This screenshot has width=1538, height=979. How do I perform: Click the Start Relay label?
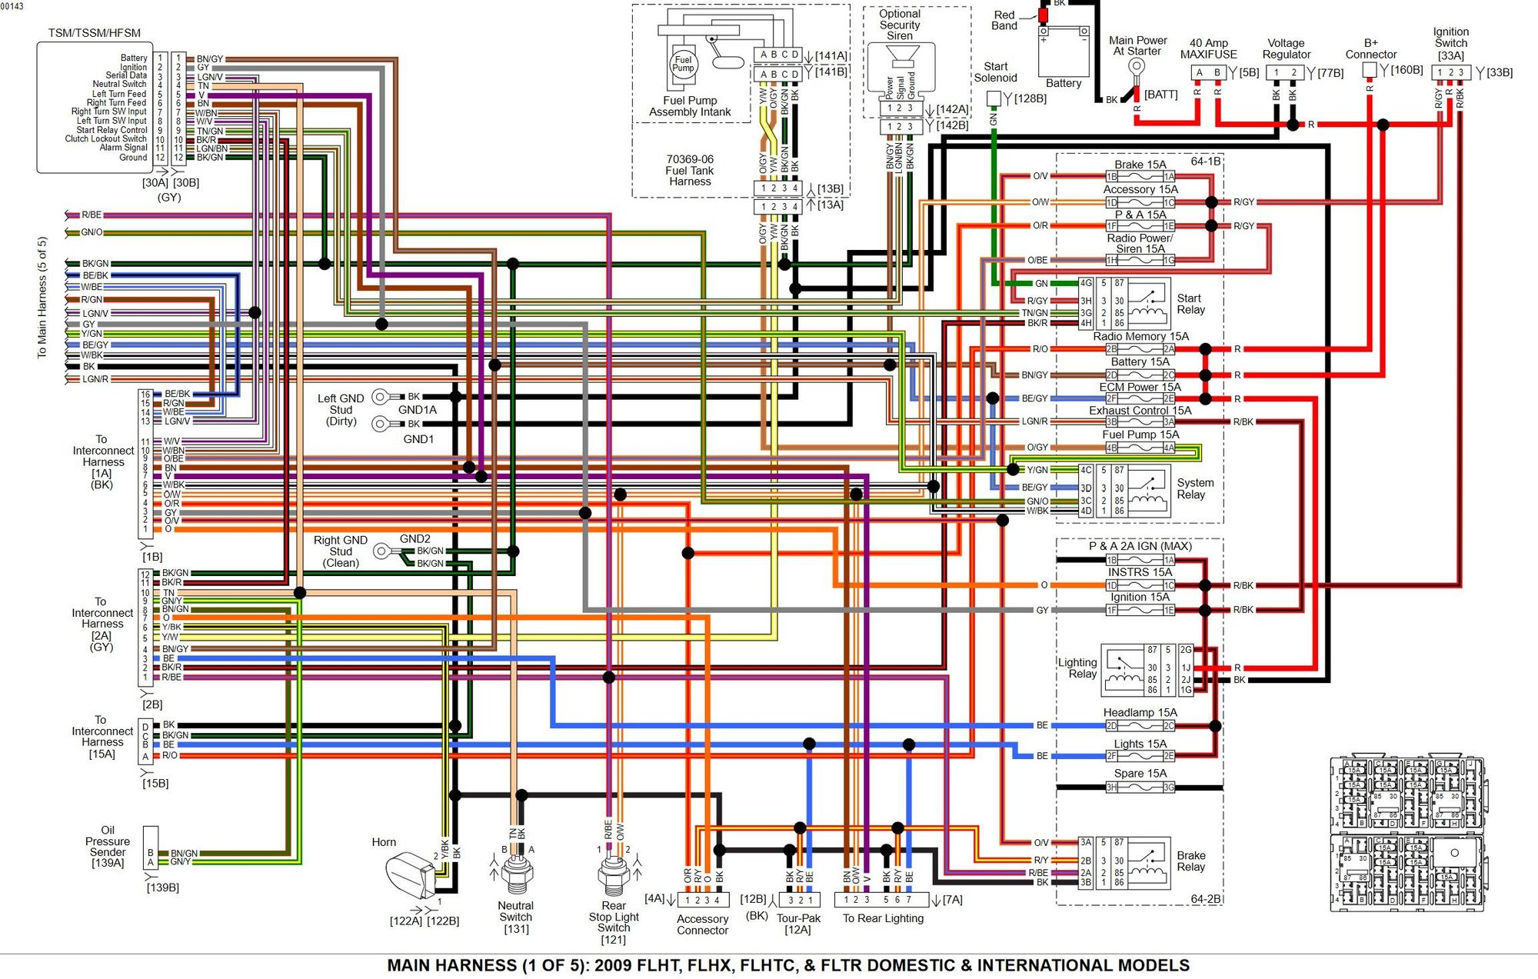click(1190, 304)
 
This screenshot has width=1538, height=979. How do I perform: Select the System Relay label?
click(1195, 488)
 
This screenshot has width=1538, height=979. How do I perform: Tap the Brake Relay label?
click(1190, 861)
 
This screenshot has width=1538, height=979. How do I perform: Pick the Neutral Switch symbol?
click(515, 873)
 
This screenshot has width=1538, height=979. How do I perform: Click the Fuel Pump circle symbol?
click(683, 65)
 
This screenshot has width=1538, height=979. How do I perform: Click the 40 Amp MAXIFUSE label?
click(1208, 48)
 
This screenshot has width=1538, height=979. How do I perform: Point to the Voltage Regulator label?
click(1286, 48)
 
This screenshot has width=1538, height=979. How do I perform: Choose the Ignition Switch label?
click(1450, 43)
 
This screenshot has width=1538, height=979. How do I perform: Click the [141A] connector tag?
click(831, 55)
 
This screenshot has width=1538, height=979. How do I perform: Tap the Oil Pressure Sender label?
click(108, 846)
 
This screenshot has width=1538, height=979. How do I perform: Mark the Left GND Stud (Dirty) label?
click(341, 409)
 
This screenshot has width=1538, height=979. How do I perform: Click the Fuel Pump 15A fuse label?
click(1140, 435)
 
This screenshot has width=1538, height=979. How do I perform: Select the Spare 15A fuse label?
click(1140, 773)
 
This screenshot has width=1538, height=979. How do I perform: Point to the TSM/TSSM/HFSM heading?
click(95, 33)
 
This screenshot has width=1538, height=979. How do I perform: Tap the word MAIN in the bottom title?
click(414, 965)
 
